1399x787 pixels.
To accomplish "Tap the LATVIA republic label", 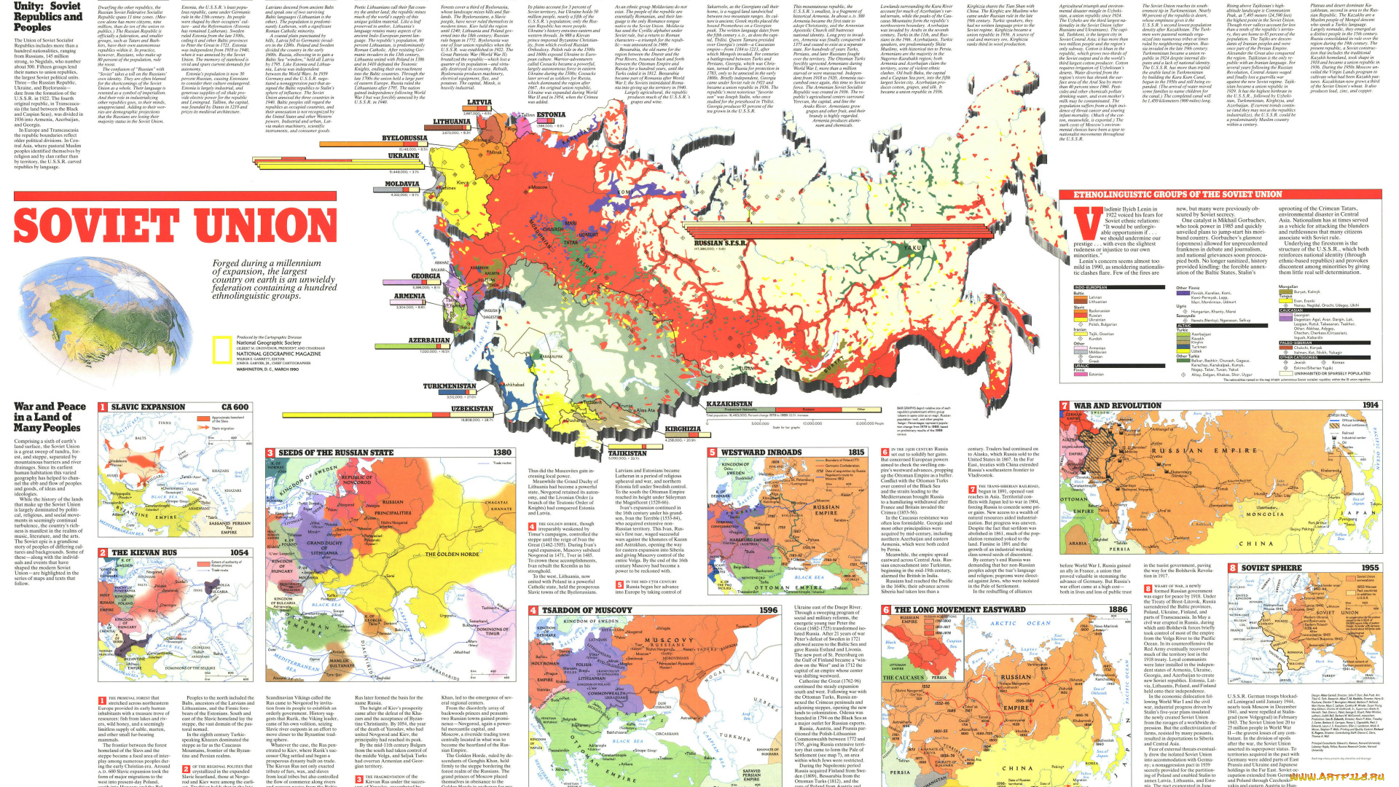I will click(479, 103).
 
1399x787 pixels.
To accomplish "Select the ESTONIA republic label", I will click(551, 114).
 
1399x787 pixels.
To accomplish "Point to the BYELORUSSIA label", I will click(404, 138).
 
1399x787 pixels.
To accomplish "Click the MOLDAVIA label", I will click(401, 184).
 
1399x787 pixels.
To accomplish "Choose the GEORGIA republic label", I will click(426, 276).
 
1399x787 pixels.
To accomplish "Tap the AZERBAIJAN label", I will click(428, 340).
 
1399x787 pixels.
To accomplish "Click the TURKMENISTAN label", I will click(450, 386).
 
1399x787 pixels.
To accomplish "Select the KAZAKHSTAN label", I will click(729, 404).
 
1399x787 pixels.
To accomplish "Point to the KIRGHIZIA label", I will click(683, 429).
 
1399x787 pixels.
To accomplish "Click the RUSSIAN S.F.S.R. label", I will click(719, 243).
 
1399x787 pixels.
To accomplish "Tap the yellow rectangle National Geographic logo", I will click(222, 350).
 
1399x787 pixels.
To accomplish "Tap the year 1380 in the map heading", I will click(502, 453).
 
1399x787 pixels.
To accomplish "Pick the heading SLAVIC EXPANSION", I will click(148, 407).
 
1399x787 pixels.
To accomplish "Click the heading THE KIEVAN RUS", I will click(144, 552).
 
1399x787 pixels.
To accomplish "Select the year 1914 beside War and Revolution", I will click(1370, 405).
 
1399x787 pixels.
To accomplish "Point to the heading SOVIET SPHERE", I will click(1271, 568).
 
